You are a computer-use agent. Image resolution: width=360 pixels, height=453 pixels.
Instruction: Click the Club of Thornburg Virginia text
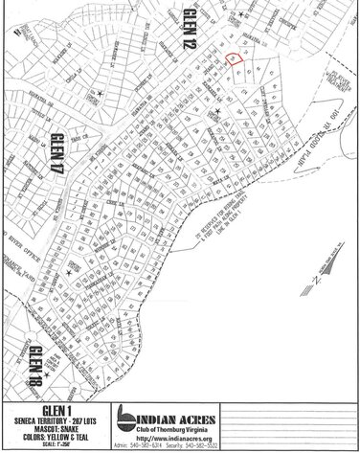[x=177, y=429]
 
